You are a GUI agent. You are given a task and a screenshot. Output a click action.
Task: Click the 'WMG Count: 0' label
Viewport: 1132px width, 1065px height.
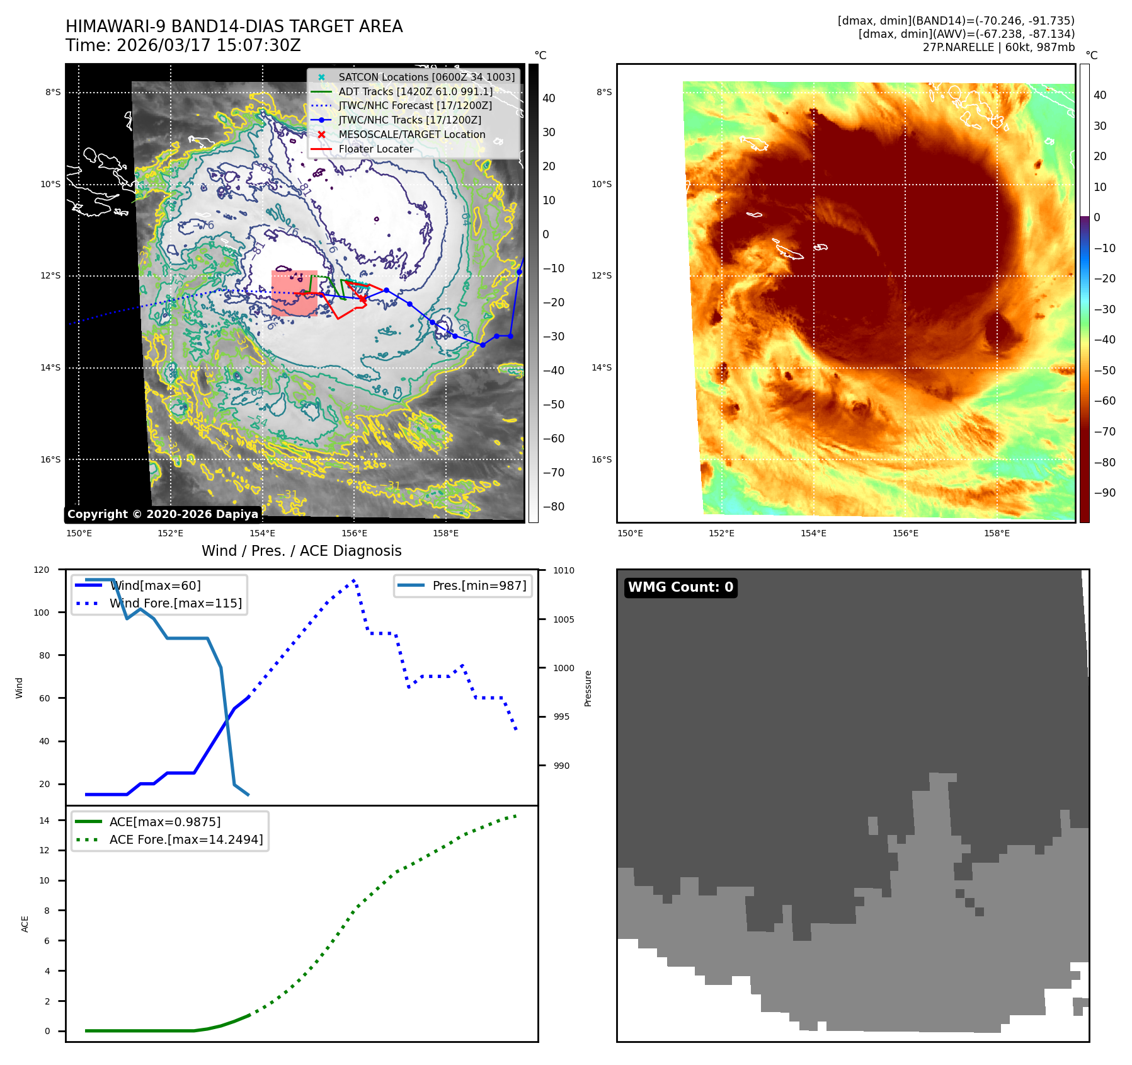pos(680,587)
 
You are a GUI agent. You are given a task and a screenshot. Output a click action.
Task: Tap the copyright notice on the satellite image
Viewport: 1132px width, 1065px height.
pos(163,514)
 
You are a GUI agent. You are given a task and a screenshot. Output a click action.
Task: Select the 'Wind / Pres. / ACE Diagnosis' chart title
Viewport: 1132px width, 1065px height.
pos(301,551)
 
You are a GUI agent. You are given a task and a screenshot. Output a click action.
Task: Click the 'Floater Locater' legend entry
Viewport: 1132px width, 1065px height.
pos(375,149)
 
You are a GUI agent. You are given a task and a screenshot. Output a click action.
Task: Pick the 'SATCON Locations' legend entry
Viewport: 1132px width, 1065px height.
pos(426,77)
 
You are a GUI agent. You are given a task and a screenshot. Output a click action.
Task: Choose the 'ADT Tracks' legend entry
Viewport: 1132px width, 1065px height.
pos(415,91)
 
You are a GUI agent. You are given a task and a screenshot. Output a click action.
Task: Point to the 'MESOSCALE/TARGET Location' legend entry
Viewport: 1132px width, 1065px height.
pos(411,135)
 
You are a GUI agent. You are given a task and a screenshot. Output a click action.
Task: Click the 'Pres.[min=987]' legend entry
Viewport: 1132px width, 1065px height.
pos(479,585)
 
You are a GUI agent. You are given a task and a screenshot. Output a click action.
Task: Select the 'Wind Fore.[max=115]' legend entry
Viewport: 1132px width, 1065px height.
pos(175,603)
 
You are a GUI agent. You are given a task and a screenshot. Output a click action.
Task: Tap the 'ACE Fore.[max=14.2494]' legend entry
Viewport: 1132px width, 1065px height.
pos(186,839)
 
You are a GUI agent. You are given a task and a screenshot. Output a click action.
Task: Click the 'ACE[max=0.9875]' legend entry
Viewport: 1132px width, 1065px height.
pos(164,822)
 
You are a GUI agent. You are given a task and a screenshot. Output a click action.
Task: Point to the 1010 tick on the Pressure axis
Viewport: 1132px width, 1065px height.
pos(564,571)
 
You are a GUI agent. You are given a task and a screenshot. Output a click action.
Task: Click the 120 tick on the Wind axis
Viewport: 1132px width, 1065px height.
pos(42,570)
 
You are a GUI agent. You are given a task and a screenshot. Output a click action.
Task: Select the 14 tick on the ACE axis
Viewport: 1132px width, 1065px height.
pos(44,820)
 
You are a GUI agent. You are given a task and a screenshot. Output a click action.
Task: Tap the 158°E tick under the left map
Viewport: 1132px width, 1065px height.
pos(445,534)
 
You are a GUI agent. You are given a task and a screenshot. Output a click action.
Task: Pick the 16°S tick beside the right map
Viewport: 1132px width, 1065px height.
pos(602,459)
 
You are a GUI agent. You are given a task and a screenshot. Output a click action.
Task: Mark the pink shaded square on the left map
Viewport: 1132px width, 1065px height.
pos(294,293)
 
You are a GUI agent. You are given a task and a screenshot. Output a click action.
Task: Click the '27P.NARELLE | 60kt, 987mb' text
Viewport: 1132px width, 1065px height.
pos(998,47)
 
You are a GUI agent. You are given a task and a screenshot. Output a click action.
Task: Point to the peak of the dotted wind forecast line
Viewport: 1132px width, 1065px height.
pos(354,580)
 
